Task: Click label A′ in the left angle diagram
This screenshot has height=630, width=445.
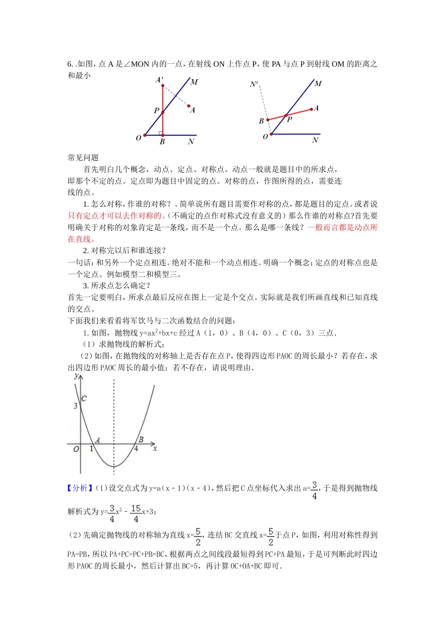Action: click(x=159, y=80)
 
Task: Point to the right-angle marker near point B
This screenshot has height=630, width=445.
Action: click(x=161, y=133)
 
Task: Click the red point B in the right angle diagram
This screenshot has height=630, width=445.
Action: click(x=268, y=120)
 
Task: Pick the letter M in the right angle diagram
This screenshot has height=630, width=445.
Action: click(x=318, y=83)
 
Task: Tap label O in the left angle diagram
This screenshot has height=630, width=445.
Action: click(x=139, y=138)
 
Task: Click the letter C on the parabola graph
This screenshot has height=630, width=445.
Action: click(x=84, y=398)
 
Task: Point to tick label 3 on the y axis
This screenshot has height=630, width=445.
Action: click(x=75, y=405)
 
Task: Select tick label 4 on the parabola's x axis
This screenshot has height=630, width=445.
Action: click(x=136, y=449)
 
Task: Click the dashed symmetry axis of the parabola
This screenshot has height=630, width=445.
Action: click(x=114, y=412)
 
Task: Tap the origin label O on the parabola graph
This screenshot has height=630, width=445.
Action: click(x=76, y=449)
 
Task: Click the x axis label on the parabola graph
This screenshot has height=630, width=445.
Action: click(x=155, y=449)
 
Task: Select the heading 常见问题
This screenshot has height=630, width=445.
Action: click(x=83, y=157)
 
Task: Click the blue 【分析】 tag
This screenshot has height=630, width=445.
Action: click(x=81, y=488)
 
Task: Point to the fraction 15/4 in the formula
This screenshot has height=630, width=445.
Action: click(x=136, y=513)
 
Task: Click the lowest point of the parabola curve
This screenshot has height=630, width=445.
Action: click(x=114, y=466)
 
